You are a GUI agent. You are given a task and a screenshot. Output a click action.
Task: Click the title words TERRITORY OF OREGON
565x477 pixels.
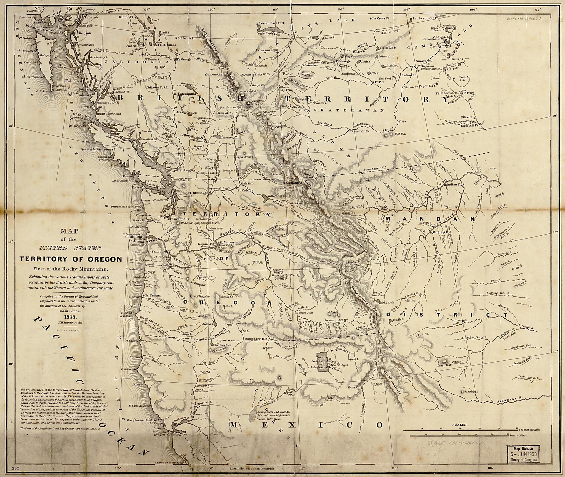click(x=70, y=259)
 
